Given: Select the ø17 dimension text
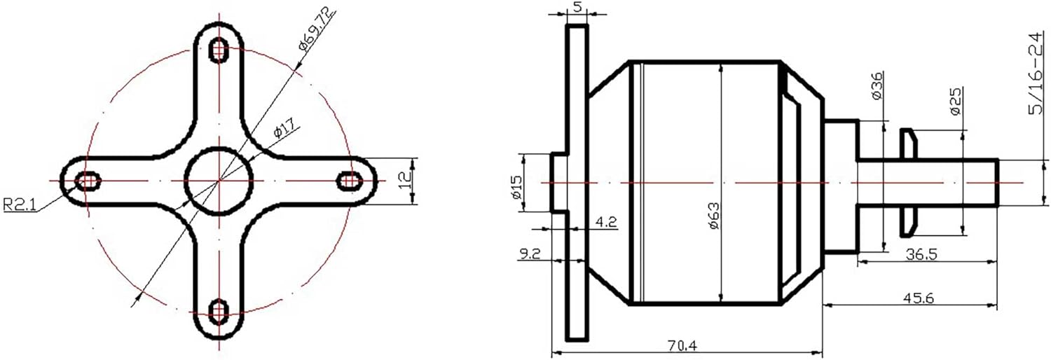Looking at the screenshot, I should (x=287, y=127).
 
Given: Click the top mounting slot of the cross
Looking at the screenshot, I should (x=219, y=50).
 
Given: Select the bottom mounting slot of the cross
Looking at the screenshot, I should (x=219, y=311).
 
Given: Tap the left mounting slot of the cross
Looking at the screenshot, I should (x=87, y=181).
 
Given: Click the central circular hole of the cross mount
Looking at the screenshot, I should (x=219, y=181).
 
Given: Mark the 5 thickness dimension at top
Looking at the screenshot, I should (x=577, y=6).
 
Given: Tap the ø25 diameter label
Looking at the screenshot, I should (x=956, y=101).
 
